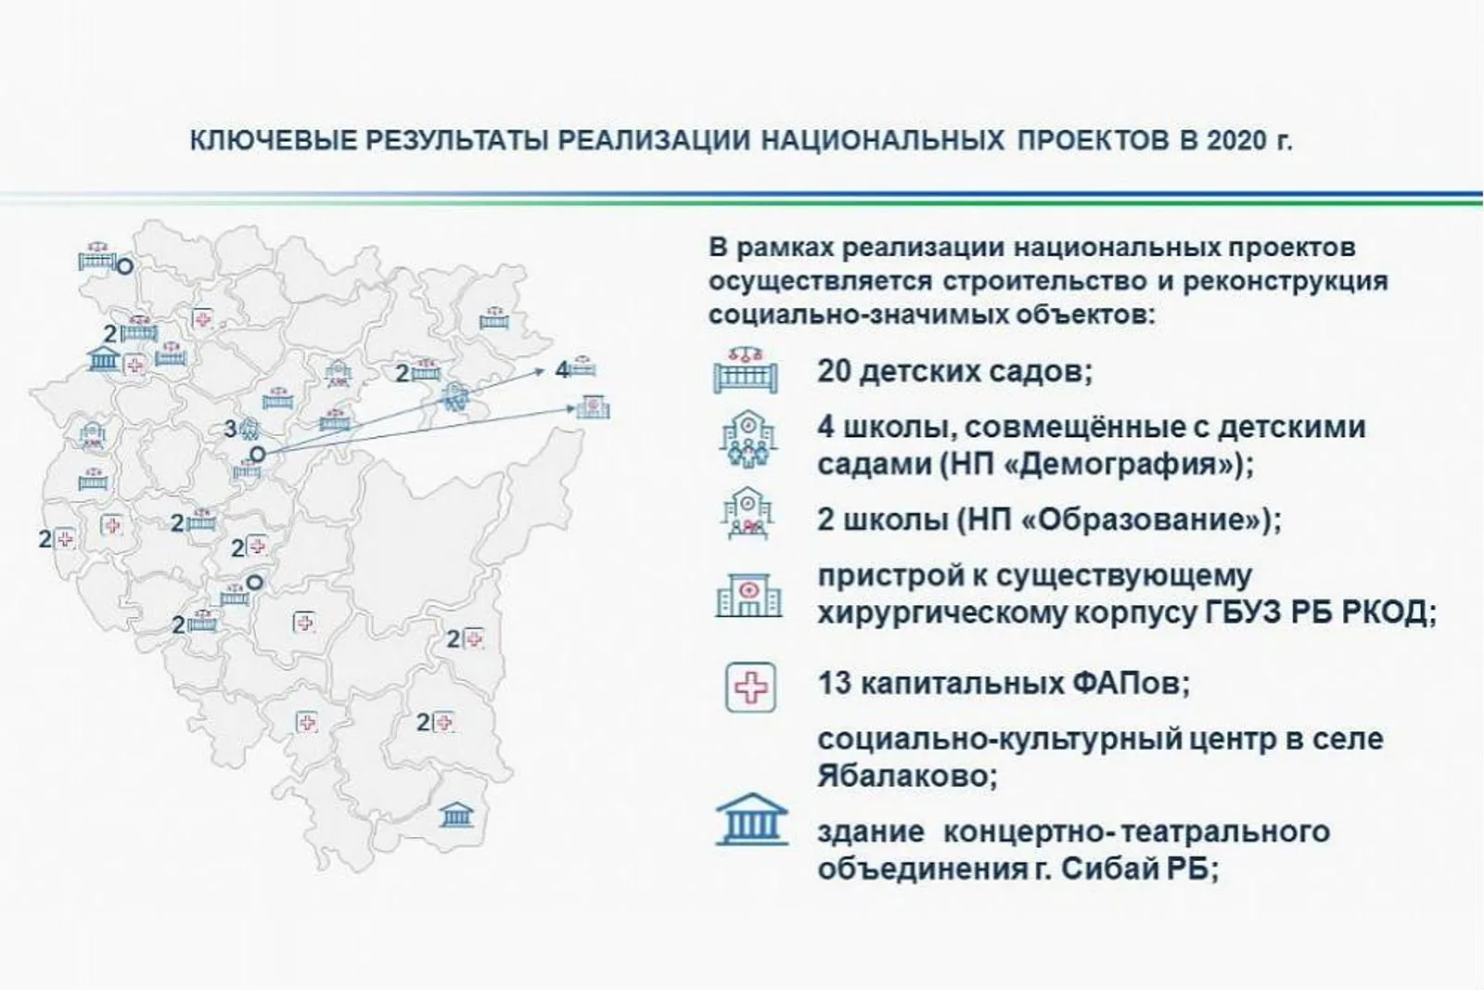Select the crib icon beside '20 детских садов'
click(746, 370)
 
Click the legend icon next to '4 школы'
click(748, 439)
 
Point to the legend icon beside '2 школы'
click(748, 514)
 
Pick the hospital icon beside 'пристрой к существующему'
click(748, 595)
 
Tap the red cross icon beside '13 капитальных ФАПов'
click(750, 688)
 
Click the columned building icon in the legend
click(752, 819)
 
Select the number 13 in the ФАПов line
click(834, 683)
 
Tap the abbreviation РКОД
click(1388, 613)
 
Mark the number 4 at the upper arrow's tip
click(561, 370)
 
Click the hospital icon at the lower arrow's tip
click(593, 407)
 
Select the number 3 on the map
click(230, 430)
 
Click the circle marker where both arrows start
click(257, 455)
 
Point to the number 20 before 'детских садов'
click(834, 371)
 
